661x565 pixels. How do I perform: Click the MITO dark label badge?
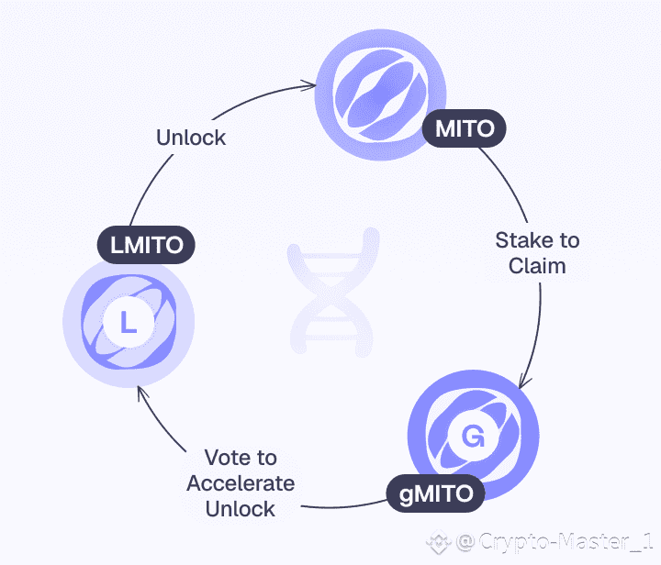click(x=465, y=129)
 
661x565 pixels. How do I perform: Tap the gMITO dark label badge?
click(x=436, y=494)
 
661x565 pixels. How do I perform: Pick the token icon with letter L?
click(x=129, y=320)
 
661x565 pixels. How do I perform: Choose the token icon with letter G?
click(x=474, y=437)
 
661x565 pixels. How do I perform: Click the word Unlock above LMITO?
click(x=191, y=138)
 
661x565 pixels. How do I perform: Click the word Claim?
click(x=538, y=266)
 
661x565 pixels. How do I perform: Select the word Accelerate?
click(x=241, y=482)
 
